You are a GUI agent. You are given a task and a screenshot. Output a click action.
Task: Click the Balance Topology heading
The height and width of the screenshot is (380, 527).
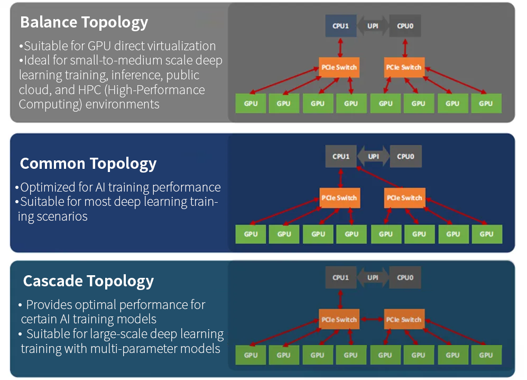pos(84,23)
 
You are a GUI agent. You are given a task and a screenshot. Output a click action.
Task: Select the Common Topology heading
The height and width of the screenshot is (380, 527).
pos(88,164)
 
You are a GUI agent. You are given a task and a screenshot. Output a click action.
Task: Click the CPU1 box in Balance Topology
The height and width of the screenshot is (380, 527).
pos(340,26)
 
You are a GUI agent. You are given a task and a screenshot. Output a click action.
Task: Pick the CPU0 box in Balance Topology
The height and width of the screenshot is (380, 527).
pos(405,26)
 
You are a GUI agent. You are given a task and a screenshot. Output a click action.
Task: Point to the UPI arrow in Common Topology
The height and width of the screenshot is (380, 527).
pos(373,157)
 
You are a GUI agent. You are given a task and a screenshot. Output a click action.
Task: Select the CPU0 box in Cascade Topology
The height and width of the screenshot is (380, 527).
pos(405,278)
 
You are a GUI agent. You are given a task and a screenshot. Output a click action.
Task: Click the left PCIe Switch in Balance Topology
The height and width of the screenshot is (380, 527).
pos(339,67)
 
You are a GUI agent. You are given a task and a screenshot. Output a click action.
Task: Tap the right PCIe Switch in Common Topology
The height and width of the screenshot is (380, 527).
pos(405,198)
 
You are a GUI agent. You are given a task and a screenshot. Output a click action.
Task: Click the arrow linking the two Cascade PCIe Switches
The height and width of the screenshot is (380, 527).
pos(372,320)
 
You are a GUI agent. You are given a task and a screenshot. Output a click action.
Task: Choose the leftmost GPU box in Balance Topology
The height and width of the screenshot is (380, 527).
pos(251,104)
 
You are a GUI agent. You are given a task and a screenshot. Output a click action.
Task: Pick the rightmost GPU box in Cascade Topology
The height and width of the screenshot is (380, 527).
pos(486,355)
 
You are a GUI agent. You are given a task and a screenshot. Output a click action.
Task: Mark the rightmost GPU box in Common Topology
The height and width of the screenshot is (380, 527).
pos(487,234)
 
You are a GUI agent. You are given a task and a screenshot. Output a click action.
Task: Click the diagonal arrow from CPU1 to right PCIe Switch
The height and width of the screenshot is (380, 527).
pos(380,177)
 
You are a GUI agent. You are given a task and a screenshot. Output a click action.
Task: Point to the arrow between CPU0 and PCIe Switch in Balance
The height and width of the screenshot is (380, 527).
pos(405,48)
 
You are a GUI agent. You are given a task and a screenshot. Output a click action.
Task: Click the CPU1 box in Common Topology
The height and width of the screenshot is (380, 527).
pos(341,157)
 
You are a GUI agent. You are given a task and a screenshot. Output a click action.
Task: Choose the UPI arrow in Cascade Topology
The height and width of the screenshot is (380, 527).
pos(373,278)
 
